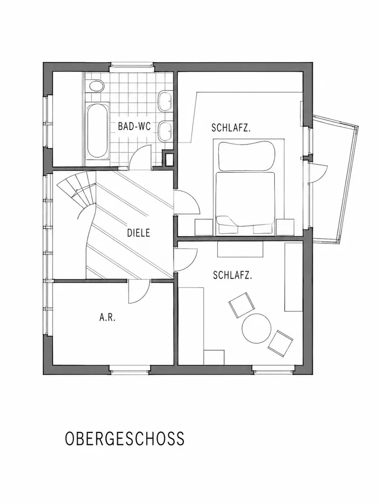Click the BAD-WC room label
[x=135, y=127]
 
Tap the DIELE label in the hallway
[x=139, y=233]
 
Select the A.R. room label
[x=107, y=318]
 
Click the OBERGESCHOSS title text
[x=124, y=438]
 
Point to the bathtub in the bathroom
[x=97, y=131]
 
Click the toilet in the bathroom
[x=96, y=87]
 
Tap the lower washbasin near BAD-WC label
[x=165, y=131]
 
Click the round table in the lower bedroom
[x=257, y=328]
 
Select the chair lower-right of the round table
[x=280, y=344]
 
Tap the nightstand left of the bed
[x=204, y=227]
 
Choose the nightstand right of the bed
[x=285, y=227]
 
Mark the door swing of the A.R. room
[x=139, y=291]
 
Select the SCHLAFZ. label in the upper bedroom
[x=231, y=128]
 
